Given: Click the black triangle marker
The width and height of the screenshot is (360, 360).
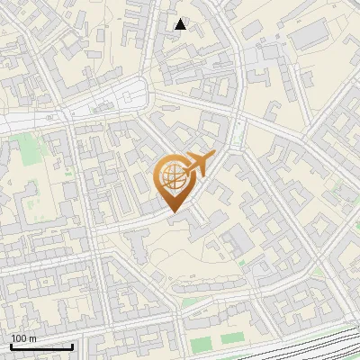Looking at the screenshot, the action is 181,24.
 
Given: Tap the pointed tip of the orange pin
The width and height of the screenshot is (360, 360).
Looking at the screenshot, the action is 172,211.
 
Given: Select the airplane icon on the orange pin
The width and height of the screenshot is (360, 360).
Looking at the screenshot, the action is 196,164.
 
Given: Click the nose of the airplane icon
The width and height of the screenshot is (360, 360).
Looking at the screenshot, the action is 212,156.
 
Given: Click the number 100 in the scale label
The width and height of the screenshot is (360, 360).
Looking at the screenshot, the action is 19,338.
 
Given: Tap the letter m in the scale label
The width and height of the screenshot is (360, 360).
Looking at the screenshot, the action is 32,338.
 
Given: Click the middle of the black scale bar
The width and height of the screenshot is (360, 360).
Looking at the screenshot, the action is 41,346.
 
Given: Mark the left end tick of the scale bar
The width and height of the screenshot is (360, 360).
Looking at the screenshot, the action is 11,346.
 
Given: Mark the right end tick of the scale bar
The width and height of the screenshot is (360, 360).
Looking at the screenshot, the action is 72,346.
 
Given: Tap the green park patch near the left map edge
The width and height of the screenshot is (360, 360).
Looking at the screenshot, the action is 32,144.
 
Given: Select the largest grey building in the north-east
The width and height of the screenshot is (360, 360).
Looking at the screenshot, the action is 310,36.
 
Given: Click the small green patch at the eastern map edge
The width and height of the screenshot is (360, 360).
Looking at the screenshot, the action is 347,191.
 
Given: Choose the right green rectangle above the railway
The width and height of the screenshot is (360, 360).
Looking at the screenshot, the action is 232,338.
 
